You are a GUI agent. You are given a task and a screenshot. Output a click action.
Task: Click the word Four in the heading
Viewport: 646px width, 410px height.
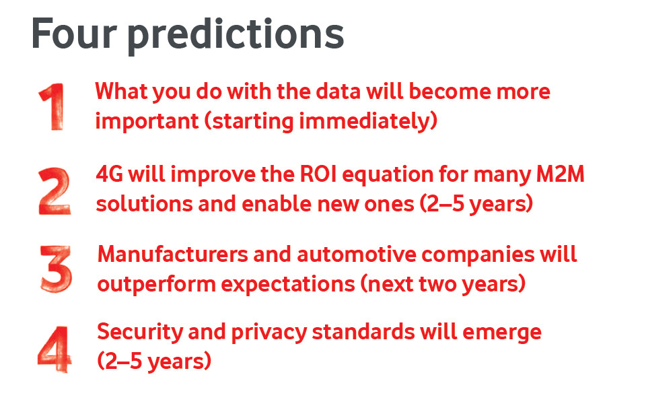click(74, 34)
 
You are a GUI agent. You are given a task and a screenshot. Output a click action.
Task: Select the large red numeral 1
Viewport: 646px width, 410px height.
click(52, 107)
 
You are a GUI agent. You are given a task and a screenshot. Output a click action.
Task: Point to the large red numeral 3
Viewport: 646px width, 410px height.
click(56, 269)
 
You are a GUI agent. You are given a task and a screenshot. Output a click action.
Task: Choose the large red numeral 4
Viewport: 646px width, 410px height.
click(55, 349)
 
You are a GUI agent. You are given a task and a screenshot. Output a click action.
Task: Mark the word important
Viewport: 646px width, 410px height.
click(147, 122)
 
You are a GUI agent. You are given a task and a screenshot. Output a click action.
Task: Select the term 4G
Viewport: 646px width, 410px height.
click(110, 174)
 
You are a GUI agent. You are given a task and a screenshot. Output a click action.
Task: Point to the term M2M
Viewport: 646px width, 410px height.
click(560, 174)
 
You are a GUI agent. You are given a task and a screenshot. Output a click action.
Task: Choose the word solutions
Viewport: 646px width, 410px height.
click(144, 204)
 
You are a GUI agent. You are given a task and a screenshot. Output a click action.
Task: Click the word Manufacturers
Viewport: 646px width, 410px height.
click(173, 254)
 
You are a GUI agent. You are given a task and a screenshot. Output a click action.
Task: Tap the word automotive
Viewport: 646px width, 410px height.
click(357, 254)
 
